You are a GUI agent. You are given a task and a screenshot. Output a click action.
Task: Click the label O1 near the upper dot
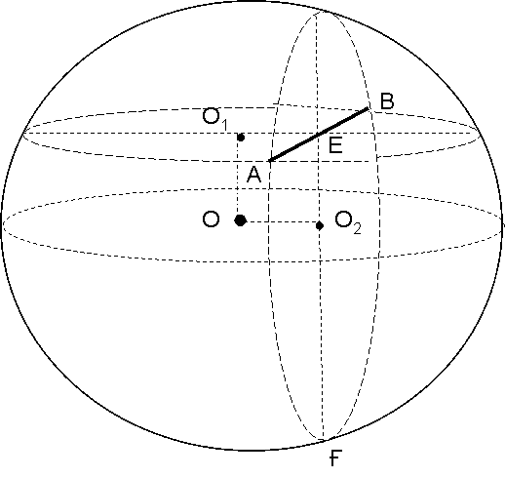coord(215,119)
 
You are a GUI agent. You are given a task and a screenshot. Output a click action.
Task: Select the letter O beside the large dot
coord(211,219)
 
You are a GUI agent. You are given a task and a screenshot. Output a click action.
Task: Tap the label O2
coord(348,222)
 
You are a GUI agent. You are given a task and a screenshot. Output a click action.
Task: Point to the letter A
coord(253,175)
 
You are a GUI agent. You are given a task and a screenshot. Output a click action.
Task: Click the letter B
coord(387,100)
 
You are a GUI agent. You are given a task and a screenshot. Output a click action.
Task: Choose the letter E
coord(335,145)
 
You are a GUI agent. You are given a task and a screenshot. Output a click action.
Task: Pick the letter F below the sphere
coord(334,457)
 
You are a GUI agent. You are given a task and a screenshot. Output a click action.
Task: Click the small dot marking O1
coord(241,138)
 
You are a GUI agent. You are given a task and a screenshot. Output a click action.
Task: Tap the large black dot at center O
coord(241,220)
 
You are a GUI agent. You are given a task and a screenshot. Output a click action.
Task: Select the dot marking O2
coord(320,225)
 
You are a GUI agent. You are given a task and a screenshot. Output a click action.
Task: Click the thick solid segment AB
coord(318,135)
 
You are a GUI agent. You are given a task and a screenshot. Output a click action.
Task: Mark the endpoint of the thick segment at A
coord(268,161)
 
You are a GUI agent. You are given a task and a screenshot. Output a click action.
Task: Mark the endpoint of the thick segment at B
coord(369,107)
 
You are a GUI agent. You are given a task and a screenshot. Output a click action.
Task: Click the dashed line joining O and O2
coord(281,222)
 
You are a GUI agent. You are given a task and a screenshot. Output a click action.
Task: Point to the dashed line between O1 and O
coord(238,179)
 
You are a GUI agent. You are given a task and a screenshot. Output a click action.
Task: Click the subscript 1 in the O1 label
coord(225,125)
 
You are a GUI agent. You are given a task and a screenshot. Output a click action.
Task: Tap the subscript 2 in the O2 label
coord(357,229)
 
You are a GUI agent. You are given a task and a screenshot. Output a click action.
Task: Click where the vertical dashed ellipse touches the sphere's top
coord(320,12)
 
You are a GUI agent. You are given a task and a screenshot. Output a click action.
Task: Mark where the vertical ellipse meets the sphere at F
coord(324,440)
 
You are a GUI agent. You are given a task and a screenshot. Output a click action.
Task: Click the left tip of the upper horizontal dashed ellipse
coord(22,133)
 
